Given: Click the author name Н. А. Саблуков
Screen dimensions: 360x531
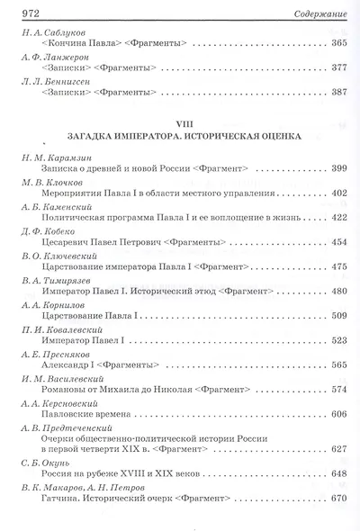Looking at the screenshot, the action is [x=56, y=31].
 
